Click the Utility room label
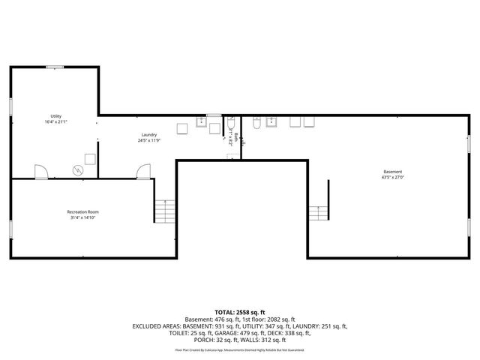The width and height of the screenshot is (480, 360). point(55,116)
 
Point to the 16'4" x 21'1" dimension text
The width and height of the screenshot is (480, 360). point(55,121)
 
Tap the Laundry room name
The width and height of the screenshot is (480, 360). point(148,135)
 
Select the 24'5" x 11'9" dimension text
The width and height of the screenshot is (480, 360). point(148,140)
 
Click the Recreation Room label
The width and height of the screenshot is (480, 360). point(83,212)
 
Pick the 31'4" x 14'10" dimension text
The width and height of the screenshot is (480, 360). point(83,217)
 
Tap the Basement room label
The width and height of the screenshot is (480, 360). point(393,172)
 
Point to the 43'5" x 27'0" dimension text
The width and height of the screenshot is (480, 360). point(393,177)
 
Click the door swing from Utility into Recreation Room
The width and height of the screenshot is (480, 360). point(42,172)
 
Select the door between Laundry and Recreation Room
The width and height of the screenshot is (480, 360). point(141,172)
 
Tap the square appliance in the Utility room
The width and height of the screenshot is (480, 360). point(91,158)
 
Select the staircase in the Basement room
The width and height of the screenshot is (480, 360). point(319,212)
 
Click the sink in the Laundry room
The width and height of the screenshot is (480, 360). point(202,123)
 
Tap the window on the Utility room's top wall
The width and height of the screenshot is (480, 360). point(55,67)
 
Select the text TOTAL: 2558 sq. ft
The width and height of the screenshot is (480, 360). point(240,312)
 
